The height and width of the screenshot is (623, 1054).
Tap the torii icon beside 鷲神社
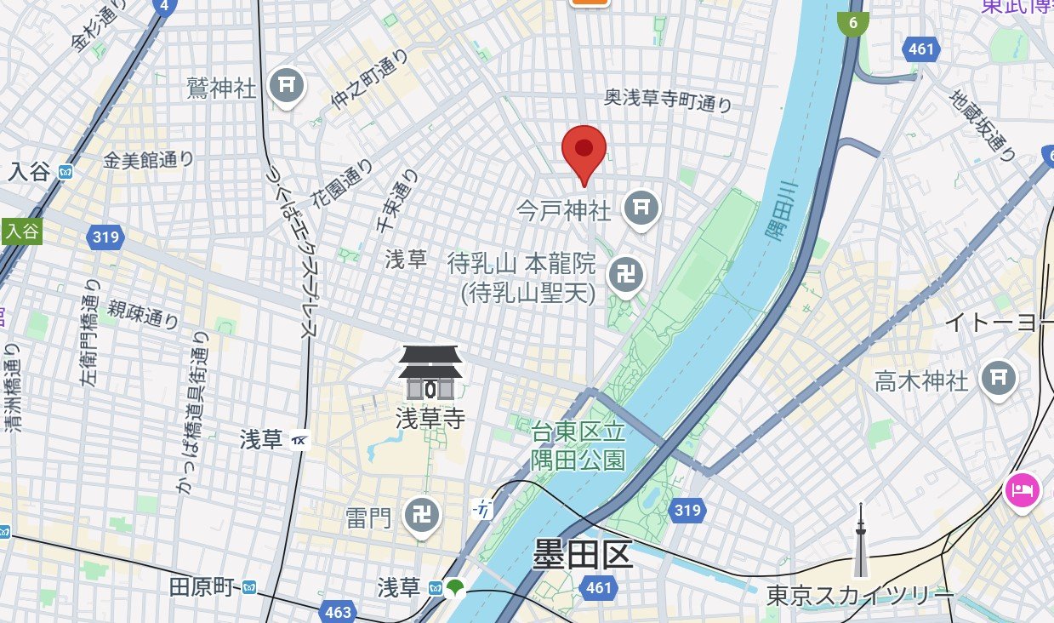287,85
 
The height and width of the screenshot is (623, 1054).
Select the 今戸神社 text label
564,209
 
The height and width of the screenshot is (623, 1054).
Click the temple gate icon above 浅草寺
430,374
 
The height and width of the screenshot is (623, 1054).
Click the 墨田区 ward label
583,556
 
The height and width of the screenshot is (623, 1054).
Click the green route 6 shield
852,22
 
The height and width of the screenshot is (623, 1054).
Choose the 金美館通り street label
149,159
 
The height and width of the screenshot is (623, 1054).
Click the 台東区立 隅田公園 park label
578,446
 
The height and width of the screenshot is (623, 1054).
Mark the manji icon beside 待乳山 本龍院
626,275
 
